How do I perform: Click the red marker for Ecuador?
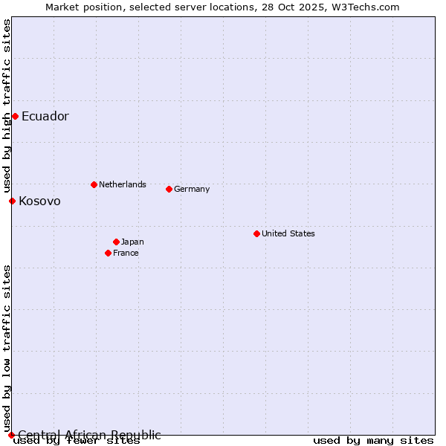15,116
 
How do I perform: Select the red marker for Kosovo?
12,201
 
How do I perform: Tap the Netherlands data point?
94,184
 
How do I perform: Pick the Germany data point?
169,189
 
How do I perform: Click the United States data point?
256,233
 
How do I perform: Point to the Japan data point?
116,242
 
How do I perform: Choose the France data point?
108,253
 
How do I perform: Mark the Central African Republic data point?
11,435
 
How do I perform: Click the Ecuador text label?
45,116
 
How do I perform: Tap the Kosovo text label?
40,201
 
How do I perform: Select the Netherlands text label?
123,184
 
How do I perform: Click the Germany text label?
192,189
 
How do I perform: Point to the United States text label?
288,233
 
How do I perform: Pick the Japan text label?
132,242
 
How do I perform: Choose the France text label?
126,253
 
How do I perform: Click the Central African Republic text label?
89,435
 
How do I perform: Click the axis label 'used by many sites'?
373,441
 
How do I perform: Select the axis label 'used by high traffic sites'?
7,106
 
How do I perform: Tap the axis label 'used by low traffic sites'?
7,348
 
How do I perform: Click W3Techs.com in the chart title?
365,7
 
